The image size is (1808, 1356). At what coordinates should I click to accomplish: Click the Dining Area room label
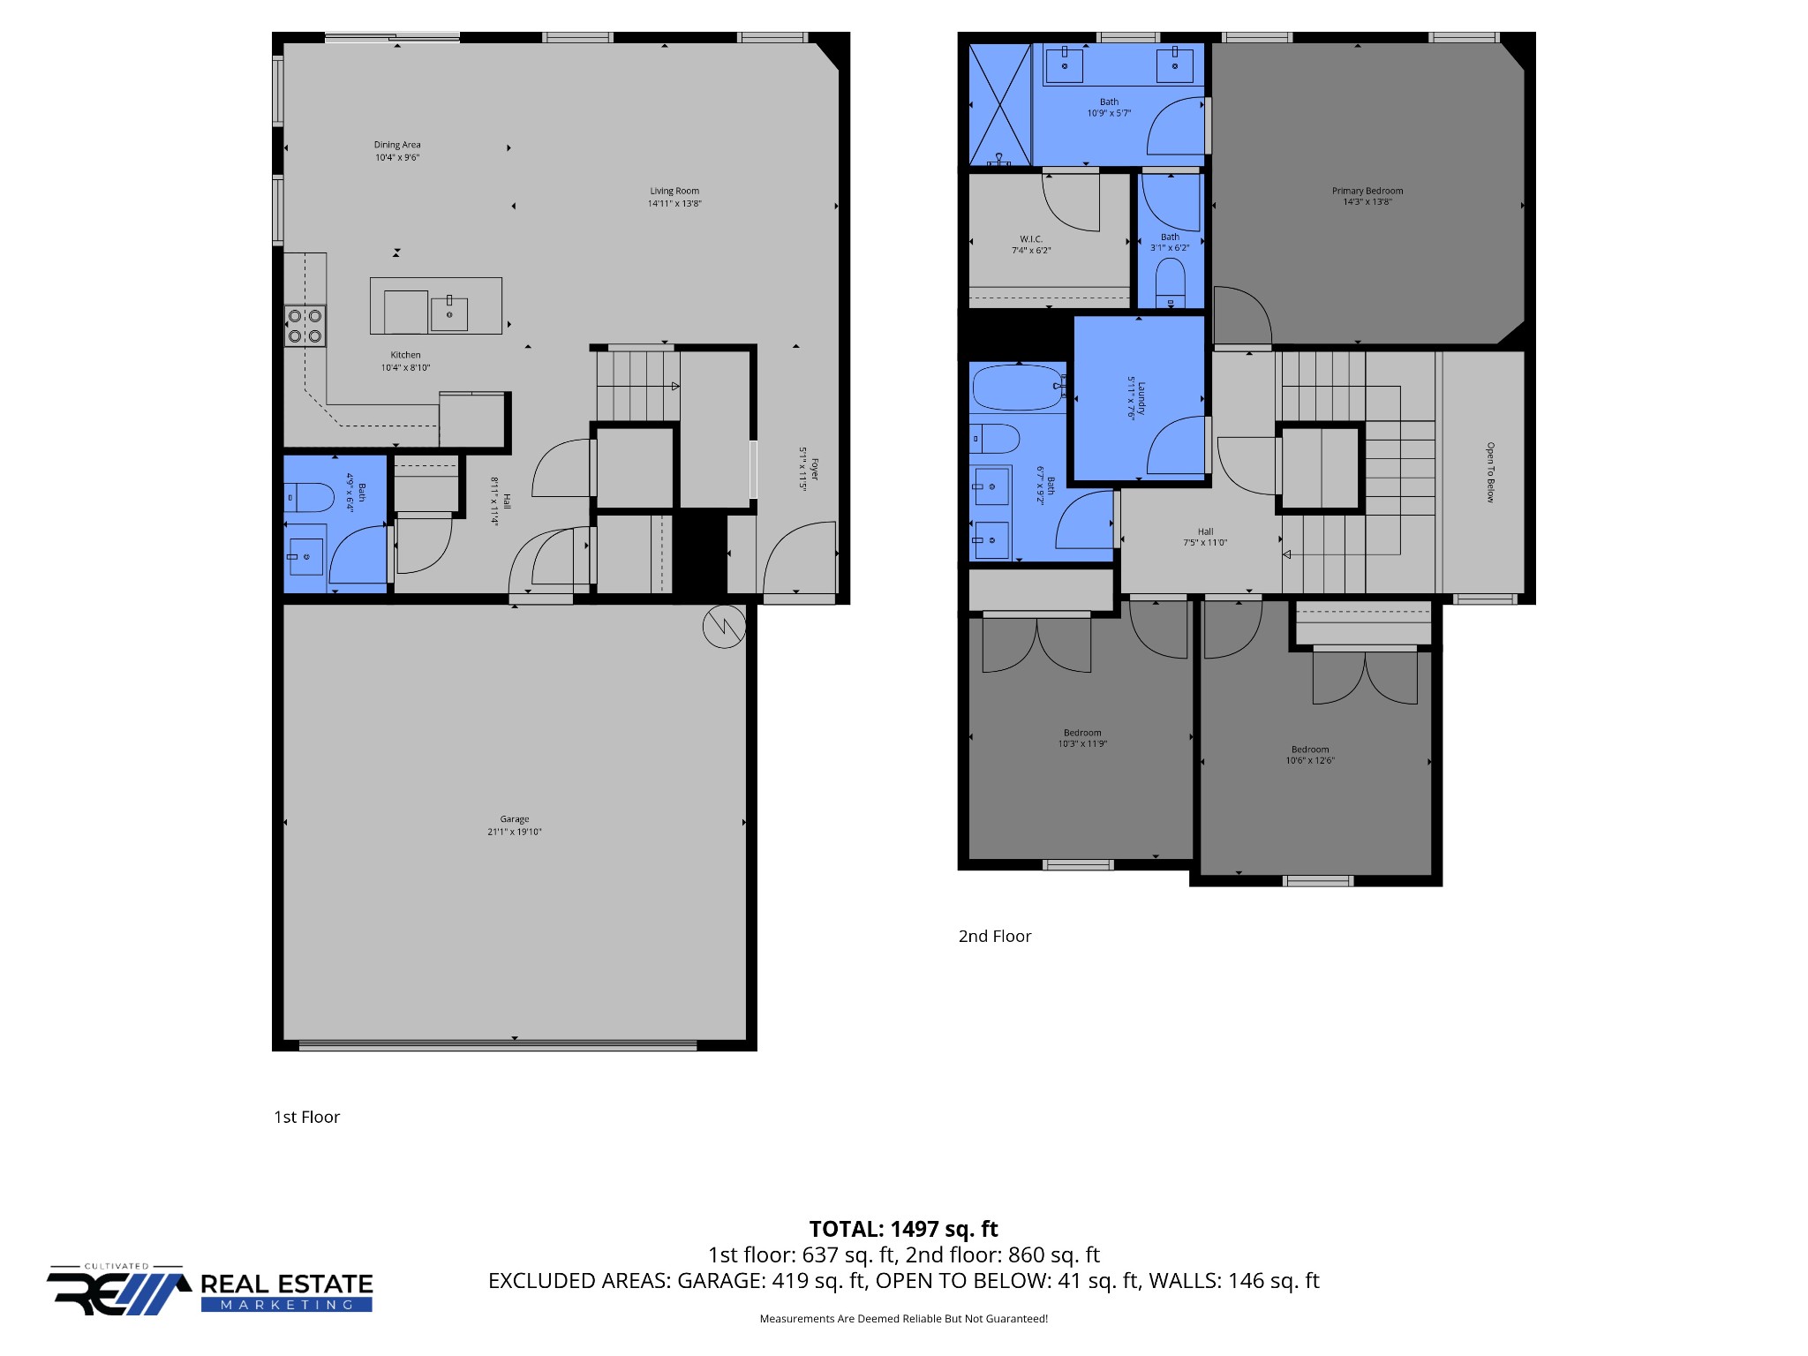[397, 145]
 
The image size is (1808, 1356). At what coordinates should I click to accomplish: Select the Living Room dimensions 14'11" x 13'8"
[674, 204]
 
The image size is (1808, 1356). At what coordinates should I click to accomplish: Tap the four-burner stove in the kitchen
[305, 326]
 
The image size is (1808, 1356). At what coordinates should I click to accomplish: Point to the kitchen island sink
[449, 313]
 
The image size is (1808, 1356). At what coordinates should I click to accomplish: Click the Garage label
[515, 819]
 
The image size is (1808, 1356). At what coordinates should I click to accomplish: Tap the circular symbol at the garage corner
[724, 627]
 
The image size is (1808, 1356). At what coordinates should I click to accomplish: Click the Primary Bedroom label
[1367, 191]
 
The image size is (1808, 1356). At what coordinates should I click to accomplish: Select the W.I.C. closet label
[1031, 239]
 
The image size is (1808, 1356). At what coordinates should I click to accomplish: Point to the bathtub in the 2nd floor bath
[1018, 388]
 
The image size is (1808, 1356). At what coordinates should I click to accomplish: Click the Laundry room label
[1141, 398]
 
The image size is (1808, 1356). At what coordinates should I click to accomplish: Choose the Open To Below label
[1490, 472]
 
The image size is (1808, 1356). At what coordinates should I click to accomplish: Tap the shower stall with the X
[1000, 104]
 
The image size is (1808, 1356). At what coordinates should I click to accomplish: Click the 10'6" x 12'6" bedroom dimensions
[1310, 761]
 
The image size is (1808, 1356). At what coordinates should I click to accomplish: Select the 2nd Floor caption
[995, 937]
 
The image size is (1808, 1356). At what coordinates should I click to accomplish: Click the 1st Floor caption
[306, 1118]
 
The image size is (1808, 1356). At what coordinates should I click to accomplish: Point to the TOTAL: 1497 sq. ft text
[904, 1229]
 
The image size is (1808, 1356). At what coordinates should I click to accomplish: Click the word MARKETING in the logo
[287, 1305]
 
